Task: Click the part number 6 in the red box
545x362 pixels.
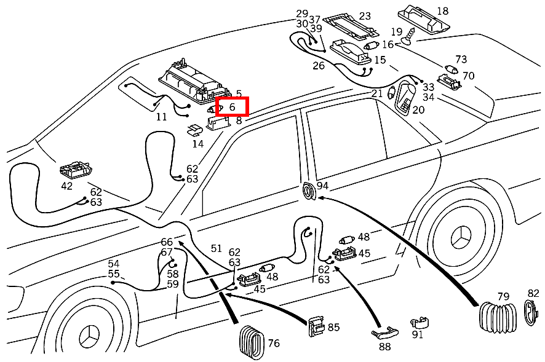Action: coord(232,106)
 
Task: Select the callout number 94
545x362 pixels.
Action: coord(322,186)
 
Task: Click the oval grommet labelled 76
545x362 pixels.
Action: coord(252,340)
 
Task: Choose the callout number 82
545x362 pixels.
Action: coord(533,294)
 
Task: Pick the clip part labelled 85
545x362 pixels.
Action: coord(316,326)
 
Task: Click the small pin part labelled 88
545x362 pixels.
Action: coord(383,332)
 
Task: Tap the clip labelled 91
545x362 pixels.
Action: coord(420,323)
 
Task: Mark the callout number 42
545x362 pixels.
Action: coord(66,186)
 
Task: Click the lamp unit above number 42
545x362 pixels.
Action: coord(76,169)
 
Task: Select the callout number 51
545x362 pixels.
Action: coord(216,248)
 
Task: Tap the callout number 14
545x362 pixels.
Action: coord(197,144)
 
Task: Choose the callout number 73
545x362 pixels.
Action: coord(461,60)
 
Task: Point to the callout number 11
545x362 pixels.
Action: coord(161,117)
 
